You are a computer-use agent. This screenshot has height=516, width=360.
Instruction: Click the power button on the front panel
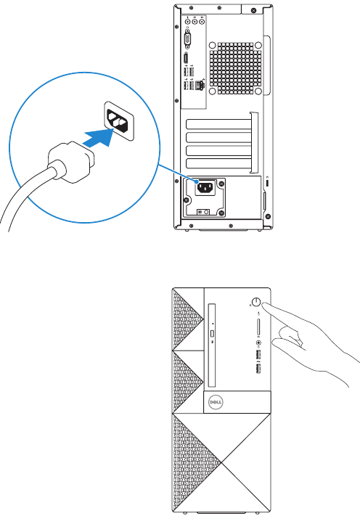(255, 302)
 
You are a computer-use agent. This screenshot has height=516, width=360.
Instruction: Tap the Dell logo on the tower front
(216, 402)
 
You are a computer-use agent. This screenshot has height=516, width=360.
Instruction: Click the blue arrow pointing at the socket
(99, 138)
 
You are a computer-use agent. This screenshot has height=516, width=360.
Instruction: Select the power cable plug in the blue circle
(71, 162)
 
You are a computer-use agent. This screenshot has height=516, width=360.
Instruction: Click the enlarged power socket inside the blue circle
(119, 120)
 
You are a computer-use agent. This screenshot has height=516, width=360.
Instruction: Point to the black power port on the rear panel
(205, 188)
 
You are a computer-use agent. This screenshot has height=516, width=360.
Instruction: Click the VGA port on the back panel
(187, 38)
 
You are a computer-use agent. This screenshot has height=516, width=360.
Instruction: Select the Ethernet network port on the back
(199, 85)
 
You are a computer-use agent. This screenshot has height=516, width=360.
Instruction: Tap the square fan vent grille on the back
(236, 67)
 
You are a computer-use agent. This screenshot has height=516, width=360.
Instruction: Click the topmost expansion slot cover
(218, 124)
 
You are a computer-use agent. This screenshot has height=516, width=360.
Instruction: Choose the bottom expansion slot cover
(218, 163)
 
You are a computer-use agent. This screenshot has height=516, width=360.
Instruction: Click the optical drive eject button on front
(212, 334)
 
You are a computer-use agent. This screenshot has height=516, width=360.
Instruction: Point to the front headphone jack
(258, 343)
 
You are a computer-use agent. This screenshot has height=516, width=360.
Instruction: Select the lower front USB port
(258, 369)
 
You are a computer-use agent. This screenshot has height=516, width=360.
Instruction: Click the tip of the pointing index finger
(264, 305)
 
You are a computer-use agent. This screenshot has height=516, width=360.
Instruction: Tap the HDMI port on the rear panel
(186, 59)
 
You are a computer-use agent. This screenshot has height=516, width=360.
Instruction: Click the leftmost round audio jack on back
(187, 22)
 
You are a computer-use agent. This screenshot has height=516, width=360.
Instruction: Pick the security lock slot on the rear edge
(267, 183)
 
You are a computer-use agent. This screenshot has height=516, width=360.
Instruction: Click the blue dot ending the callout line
(197, 181)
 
